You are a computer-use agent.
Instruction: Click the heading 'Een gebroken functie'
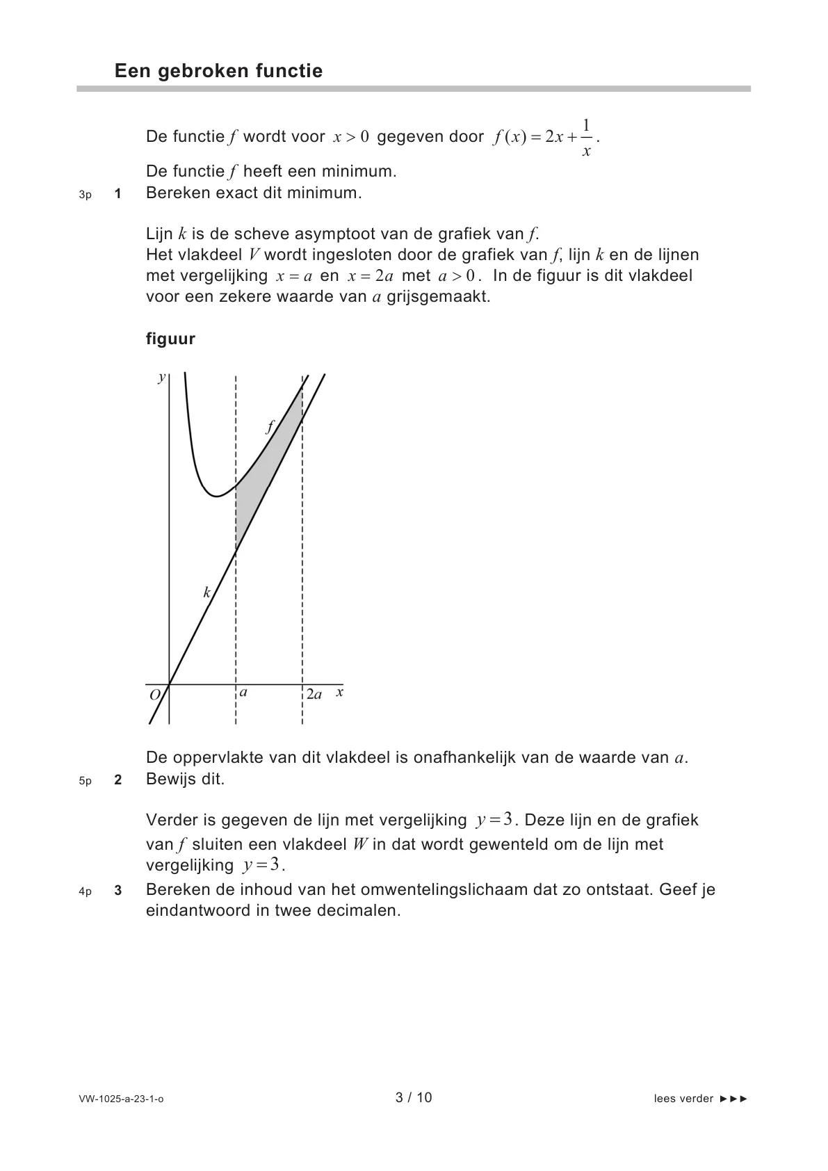(x=218, y=71)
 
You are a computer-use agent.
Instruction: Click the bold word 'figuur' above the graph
(x=170, y=339)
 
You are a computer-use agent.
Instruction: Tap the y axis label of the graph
(x=161, y=378)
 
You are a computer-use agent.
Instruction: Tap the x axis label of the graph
(x=339, y=693)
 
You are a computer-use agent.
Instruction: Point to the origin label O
(x=155, y=694)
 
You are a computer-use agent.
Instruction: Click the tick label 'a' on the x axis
(x=243, y=693)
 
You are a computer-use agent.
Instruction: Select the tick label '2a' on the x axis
(x=314, y=694)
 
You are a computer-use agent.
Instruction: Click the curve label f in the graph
(x=270, y=426)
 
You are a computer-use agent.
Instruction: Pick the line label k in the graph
(x=206, y=592)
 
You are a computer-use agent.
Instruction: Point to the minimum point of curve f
(x=217, y=496)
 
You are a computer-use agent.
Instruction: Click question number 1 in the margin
(x=117, y=194)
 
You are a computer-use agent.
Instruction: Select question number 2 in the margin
(x=117, y=780)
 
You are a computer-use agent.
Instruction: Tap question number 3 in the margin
(x=117, y=891)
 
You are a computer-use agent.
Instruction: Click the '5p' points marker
(x=86, y=781)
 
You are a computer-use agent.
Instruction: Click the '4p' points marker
(x=86, y=891)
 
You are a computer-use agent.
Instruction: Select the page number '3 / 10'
(x=414, y=1098)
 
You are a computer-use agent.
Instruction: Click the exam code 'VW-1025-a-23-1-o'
(x=122, y=1099)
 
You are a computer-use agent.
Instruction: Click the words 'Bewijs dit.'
(x=186, y=780)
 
